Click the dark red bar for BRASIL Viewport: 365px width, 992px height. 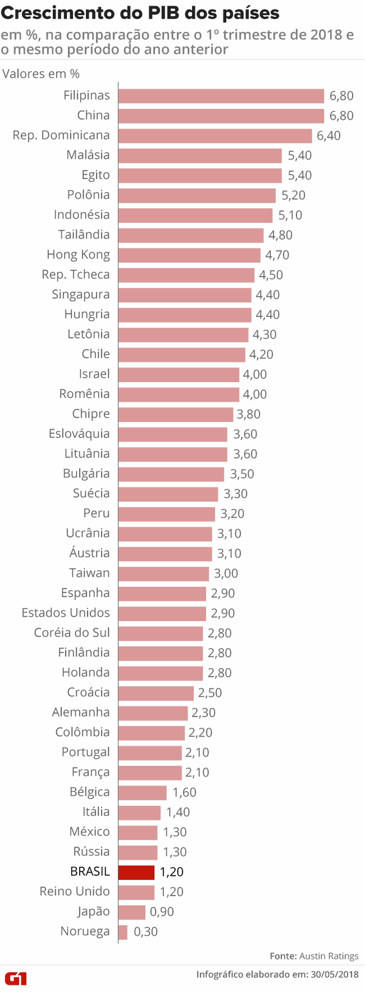point(137,872)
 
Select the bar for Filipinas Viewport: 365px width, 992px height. point(221,96)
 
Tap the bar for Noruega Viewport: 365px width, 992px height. point(123,932)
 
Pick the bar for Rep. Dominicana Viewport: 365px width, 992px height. point(215,136)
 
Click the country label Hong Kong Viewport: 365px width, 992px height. point(78,255)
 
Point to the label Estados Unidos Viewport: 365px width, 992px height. point(65,613)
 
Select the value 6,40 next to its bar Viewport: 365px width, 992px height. point(328,136)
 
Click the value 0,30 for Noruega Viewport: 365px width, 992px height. point(146,932)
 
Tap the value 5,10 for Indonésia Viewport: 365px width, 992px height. point(290,215)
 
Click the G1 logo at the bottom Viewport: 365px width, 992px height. point(16,979)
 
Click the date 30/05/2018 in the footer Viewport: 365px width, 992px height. point(335,974)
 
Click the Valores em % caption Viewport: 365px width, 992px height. point(41,74)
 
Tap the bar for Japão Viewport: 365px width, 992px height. point(132,912)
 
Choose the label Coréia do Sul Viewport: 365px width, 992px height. point(72,633)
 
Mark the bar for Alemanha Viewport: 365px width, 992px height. point(153,713)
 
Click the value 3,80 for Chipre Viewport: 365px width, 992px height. point(248,414)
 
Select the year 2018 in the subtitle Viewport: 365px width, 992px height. point(326,35)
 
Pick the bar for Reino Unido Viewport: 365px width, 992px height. point(137,892)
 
